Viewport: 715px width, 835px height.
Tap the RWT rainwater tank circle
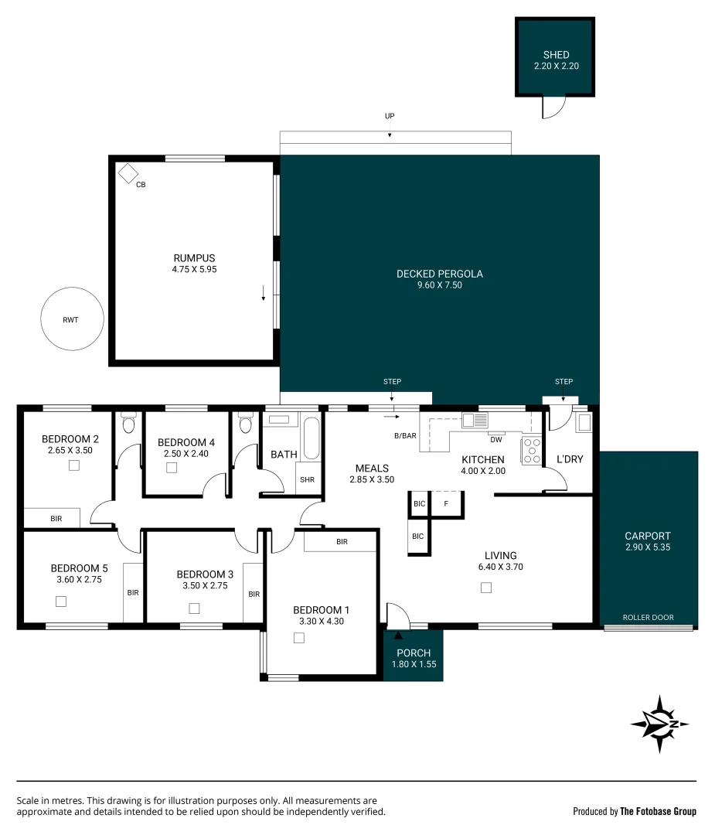[x=71, y=319]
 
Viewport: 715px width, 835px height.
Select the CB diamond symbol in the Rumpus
[x=128, y=173]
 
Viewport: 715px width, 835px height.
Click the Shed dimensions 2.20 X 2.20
[x=556, y=66]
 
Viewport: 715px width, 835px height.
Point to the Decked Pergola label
[x=439, y=274]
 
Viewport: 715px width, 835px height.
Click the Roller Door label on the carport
[x=649, y=618]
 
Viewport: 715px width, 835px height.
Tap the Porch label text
[x=414, y=653]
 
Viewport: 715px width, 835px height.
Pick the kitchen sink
[x=475, y=421]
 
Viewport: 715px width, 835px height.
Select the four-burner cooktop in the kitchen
[x=532, y=450]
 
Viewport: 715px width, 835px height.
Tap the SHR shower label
[x=308, y=480]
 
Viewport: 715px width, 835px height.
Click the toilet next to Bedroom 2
[x=128, y=424]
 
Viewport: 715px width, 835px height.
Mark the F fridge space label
[x=446, y=504]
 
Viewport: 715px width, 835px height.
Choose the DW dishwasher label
[x=495, y=439]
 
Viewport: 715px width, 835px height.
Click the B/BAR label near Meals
[x=405, y=436]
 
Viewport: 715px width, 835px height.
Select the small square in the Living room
[x=485, y=588]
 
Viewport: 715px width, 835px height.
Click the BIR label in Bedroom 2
[x=55, y=519]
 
